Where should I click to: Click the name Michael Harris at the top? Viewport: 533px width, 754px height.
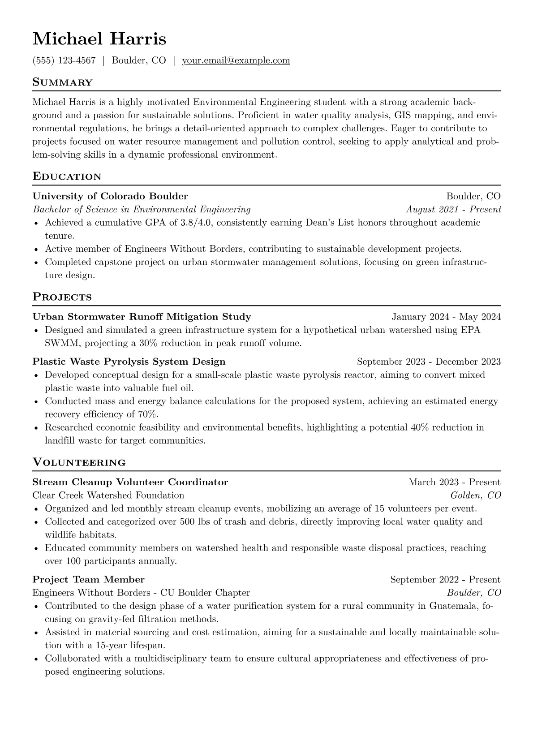[99, 39]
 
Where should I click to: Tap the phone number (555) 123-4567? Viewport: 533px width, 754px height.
[64, 60]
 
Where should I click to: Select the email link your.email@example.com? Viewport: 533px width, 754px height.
[236, 60]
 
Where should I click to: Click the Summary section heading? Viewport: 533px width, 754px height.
[62, 82]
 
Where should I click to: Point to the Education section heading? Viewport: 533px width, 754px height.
[67, 177]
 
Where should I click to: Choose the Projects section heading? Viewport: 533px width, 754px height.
[62, 297]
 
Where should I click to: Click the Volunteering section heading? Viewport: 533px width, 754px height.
[79, 462]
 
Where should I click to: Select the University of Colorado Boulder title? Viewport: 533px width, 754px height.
[110, 196]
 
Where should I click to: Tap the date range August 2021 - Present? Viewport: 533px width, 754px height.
[453, 210]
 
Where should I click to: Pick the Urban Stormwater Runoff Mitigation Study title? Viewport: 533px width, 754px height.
[142, 317]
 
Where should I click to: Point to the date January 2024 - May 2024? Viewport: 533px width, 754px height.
[446, 317]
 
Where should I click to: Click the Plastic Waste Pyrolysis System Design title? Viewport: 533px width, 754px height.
[129, 362]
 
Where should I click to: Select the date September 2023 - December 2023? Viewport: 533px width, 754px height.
[429, 362]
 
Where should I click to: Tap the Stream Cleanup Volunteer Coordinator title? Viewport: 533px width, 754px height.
[130, 483]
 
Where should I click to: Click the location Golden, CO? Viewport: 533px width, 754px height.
[475, 495]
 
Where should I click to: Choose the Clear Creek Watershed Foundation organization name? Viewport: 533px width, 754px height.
[108, 495]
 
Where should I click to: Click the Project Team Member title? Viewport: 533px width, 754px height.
[88, 580]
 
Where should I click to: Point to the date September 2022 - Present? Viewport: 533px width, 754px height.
[445, 580]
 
